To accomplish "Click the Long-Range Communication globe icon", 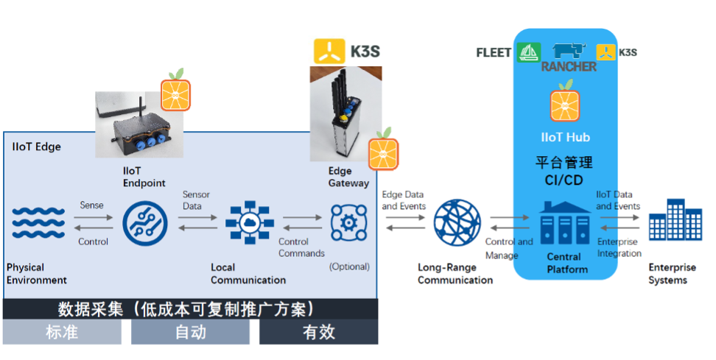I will click(x=456, y=223).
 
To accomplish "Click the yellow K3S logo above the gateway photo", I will click(x=329, y=51).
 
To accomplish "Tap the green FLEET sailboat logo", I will click(x=529, y=52).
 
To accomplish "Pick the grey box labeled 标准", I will click(x=62, y=333).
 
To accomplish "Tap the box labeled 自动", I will click(x=190, y=333).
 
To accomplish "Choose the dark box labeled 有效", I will click(x=318, y=333).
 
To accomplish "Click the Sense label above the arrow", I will click(x=91, y=205).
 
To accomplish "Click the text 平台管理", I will click(x=564, y=162).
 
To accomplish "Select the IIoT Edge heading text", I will click(x=37, y=147).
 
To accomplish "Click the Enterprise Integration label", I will click(x=619, y=247).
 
